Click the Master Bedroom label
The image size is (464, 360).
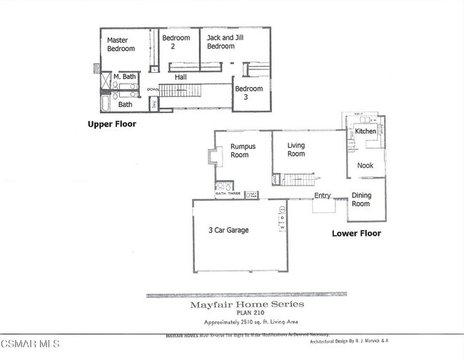121,44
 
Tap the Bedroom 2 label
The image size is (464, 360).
176,42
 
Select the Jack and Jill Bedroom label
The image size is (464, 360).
221,41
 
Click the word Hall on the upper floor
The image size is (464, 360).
181,76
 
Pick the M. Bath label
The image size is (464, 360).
125,77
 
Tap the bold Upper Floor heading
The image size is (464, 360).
111,124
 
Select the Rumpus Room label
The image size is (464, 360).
243,151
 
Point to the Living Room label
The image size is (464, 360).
296,149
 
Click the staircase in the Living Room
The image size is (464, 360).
297,179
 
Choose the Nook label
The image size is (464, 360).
365,165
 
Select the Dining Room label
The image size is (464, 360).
361,199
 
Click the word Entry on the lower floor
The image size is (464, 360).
323,196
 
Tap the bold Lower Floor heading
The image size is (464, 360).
356,234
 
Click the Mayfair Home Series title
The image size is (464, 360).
246,304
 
